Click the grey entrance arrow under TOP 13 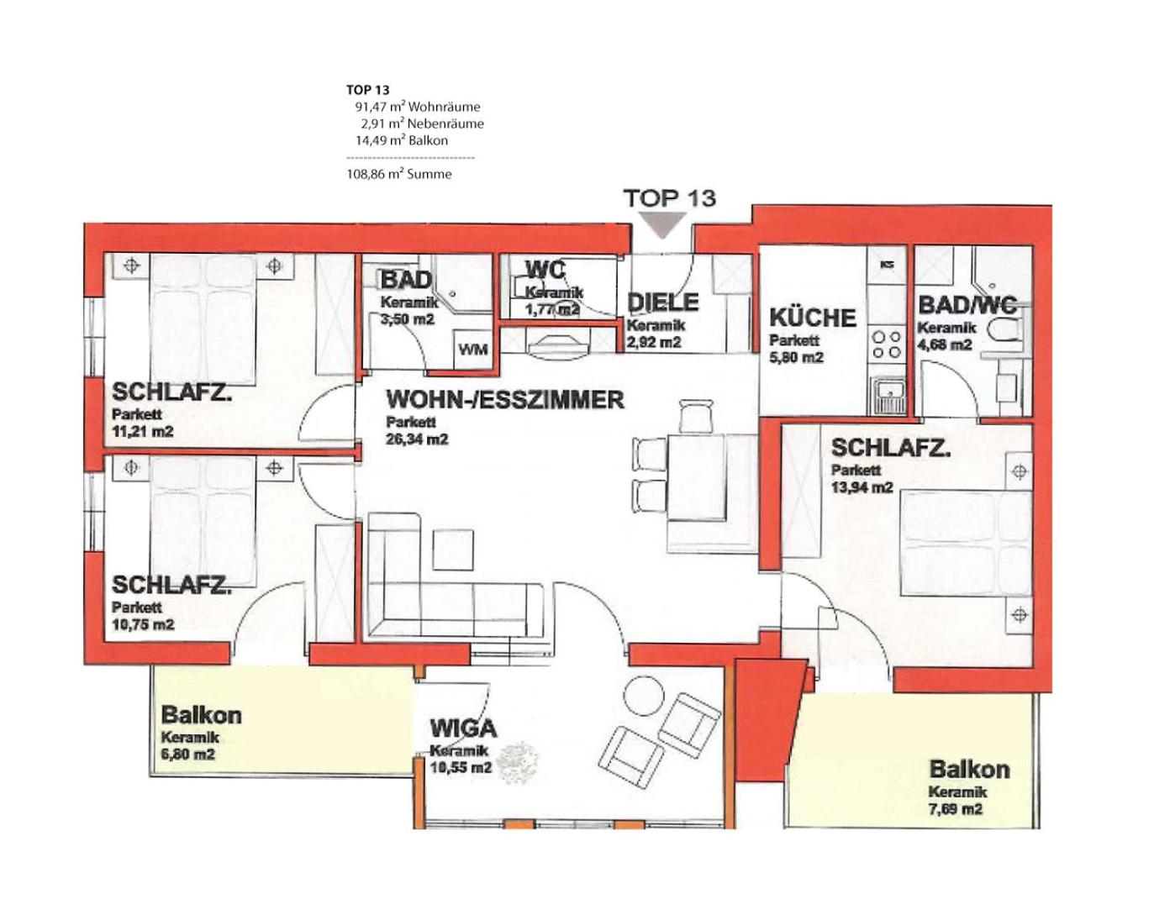pyautogui.click(x=664, y=225)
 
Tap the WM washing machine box pyautogui.click(x=473, y=350)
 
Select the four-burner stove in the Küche pyautogui.click(x=887, y=344)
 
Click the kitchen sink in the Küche pyautogui.click(x=888, y=396)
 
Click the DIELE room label pyautogui.click(x=663, y=302)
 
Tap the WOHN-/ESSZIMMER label pyautogui.click(x=505, y=400)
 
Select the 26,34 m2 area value pyautogui.click(x=417, y=439)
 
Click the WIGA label pyautogui.click(x=463, y=728)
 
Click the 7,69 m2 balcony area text pyautogui.click(x=956, y=809)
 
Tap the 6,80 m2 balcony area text pyautogui.click(x=188, y=755)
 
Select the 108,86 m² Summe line pyautogui.click(x=399, y=174)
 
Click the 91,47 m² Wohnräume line pyautogui.click(x=417, y=107)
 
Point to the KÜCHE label pyautogui.click(x=813, y=318)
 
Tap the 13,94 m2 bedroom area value pyautogui.click(x=862, y=487)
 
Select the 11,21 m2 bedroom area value pyautogui.click(x=143, y=432)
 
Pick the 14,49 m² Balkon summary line pyautogui.click(x=402, y=140)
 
